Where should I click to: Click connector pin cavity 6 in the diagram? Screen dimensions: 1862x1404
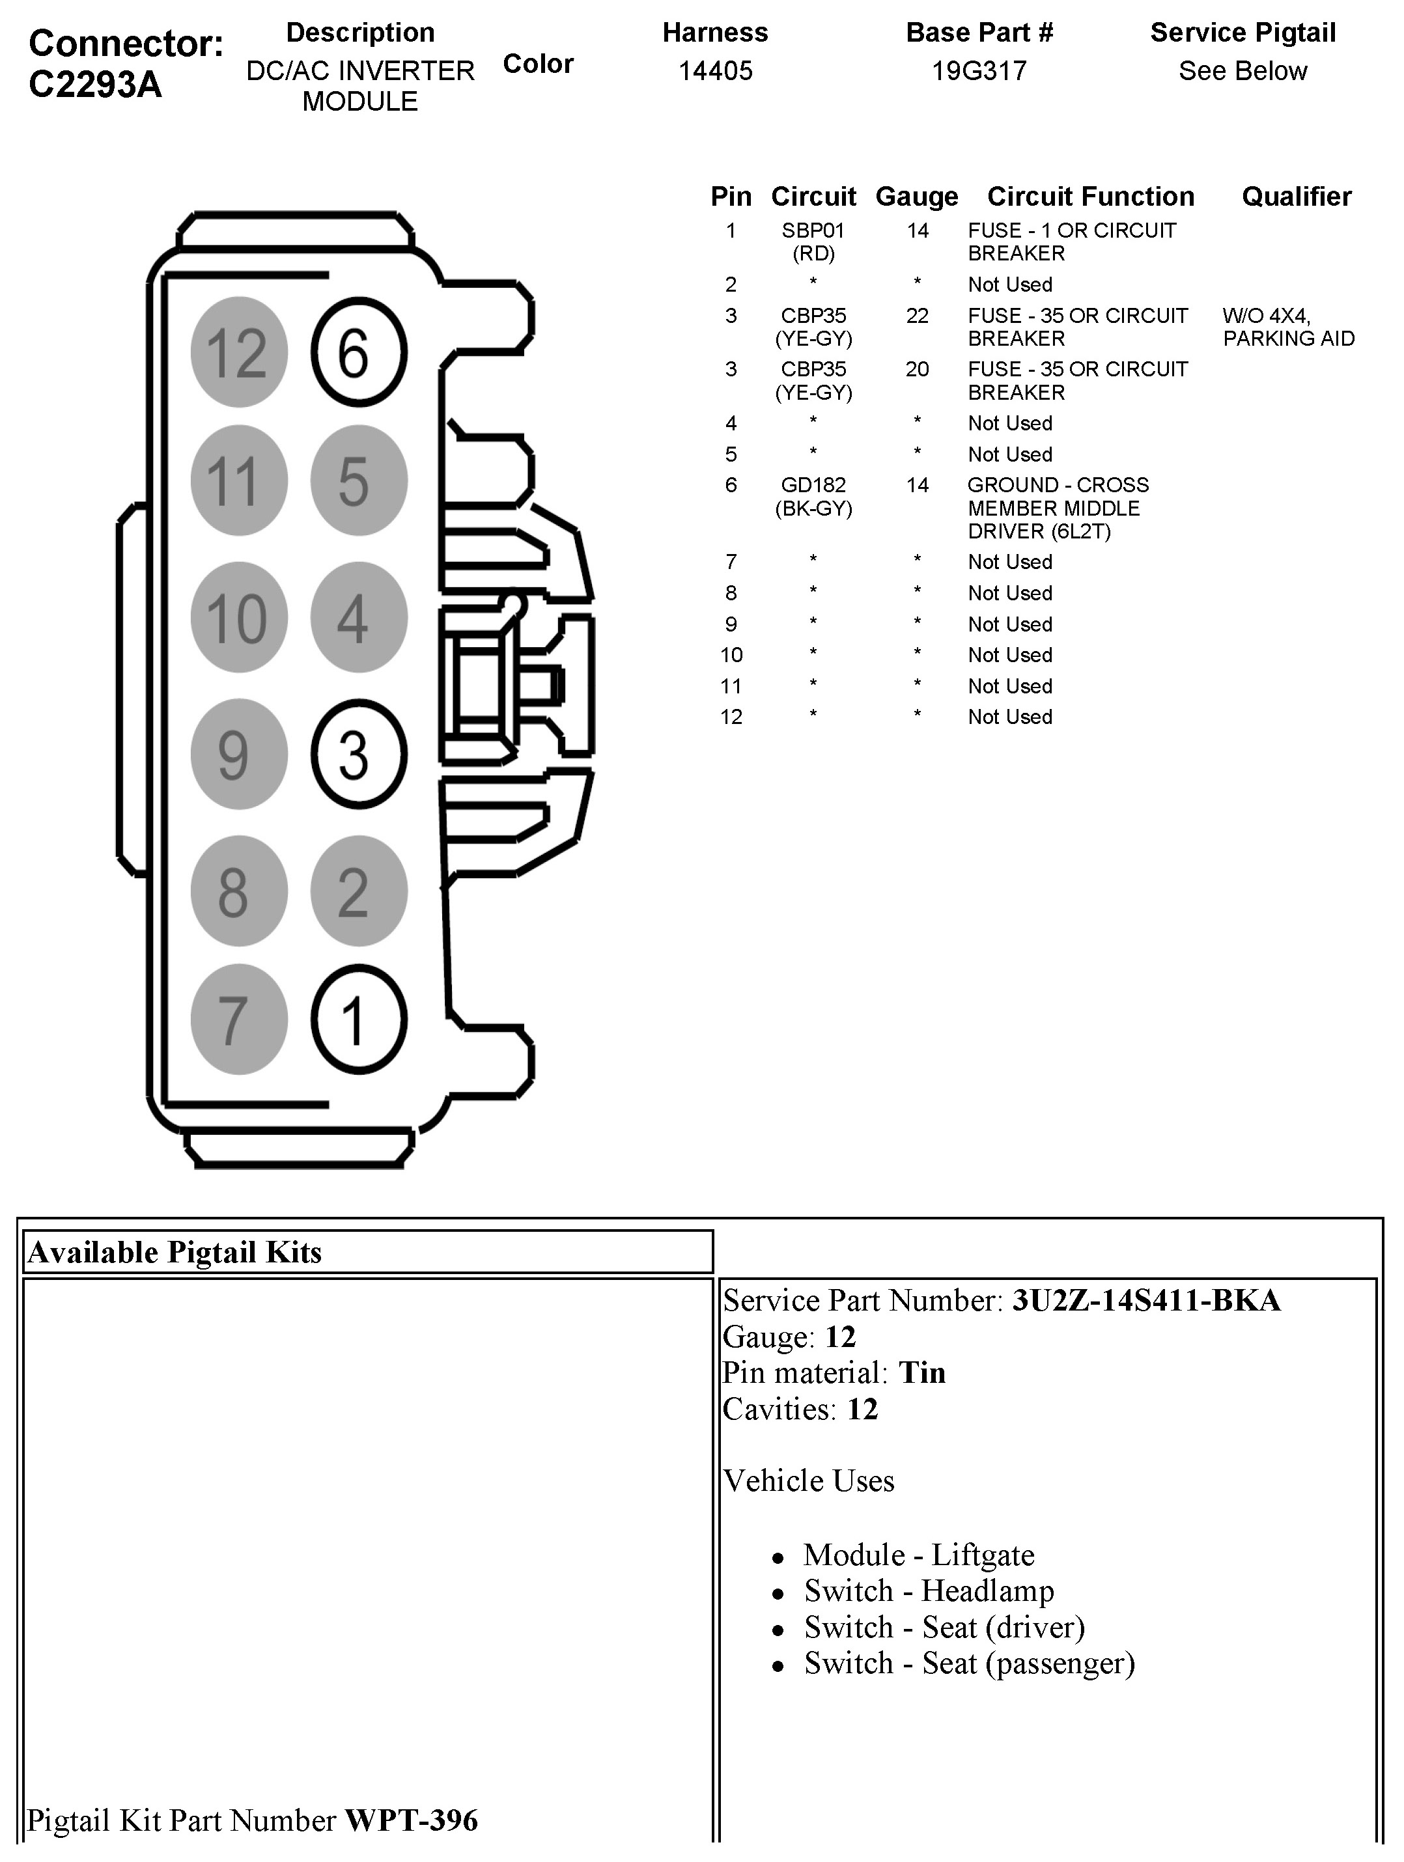(x=359, y=352)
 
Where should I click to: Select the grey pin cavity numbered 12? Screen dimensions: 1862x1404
(x=239, y=352)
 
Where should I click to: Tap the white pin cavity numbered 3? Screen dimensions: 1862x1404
(x=359, y=754)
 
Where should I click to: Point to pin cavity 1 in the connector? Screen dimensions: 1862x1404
(x=359, y=1020)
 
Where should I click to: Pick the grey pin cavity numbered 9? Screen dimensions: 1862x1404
(x=239, y=754)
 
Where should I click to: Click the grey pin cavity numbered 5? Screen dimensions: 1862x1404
(x=359, y=480)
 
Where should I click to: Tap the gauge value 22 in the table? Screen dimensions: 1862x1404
(x=917, y=316)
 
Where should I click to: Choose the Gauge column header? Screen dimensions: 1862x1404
(x=917, y=197)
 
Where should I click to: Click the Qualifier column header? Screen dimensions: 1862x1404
(x=1297, y=197)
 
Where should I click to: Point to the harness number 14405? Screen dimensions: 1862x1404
(x=716, y=71)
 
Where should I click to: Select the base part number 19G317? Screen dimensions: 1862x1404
(x=979, y=71)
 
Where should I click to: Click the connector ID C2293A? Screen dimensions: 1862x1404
(x=95, y=84)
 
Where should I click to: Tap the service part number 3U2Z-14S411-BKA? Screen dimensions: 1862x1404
(x=1146, y=1301)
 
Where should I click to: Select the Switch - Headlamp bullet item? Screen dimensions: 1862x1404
(x=929, y=1591)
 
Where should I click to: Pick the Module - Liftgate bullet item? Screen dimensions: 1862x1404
(x=918, y=1555)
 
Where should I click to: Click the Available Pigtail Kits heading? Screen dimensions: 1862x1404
(x=175, y=1253)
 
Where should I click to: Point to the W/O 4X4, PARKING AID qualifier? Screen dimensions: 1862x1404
(x=1288, y=327)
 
